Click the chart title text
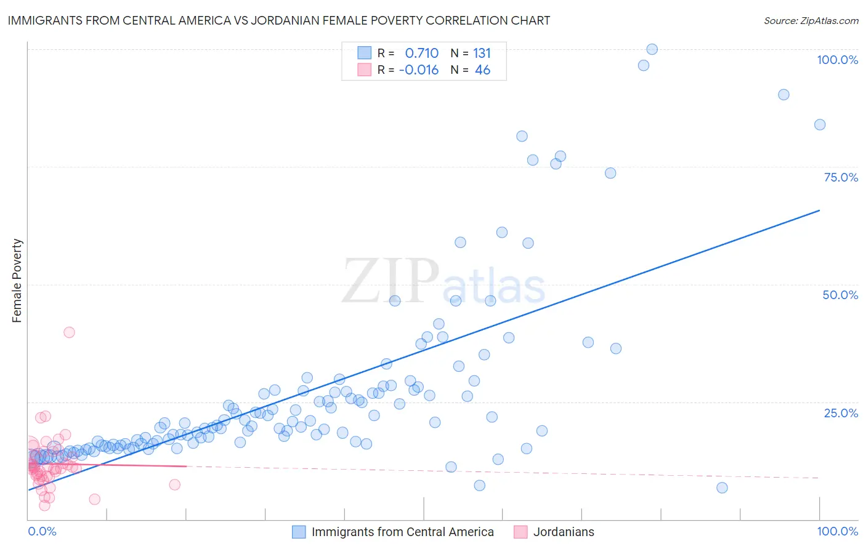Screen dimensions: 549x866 tap(279, 20)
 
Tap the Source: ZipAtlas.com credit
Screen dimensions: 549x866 tap(811, 20)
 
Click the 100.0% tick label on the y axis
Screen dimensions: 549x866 tap(837, 60)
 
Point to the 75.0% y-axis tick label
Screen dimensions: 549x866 tap(841, 177)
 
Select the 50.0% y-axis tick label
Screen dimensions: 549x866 tap(840, 295)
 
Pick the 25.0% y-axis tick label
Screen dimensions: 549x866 tap(841, 412)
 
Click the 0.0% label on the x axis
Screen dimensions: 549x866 tap(42, 531)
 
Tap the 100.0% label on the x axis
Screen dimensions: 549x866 tap(837, 531)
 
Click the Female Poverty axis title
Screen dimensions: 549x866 tap(17, 281)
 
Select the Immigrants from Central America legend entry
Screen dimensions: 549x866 tap(402, 532)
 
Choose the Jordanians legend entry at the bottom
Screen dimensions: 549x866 tap(563, 532)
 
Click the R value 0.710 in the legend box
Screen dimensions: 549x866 tap(421, 53)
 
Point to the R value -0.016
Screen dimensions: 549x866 tap(419, 70)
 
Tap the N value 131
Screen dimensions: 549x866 tap(482, 53)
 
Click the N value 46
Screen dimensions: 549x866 tap(482, 70)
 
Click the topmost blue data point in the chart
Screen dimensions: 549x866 tap(652, 49)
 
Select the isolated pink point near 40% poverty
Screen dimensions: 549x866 tap(69, 332)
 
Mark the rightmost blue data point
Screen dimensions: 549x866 tap(820, 125)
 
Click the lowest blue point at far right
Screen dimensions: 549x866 tap(722, 488)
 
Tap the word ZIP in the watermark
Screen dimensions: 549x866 tap(390, 281)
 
